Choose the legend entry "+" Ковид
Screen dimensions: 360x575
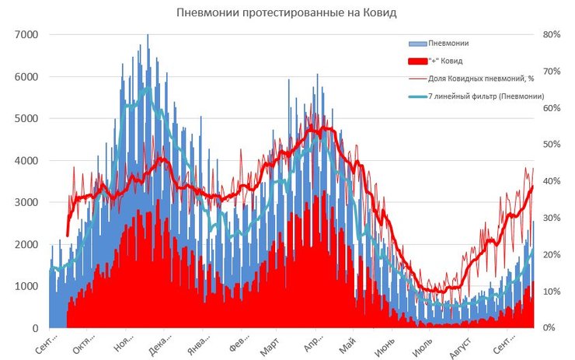tap(444, 61)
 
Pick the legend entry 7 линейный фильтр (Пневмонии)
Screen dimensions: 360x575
tap(486, 96)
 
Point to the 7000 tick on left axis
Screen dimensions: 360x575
tap(26, 35)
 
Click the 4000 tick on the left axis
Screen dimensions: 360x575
tap(26, 161)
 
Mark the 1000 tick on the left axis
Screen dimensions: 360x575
tap(26, 287)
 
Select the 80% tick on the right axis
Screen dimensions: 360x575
tap(552, 35)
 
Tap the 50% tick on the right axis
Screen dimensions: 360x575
tap(552, 145)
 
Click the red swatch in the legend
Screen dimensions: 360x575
tap(416, 61)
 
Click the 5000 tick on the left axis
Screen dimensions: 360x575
tap(26, 119)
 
